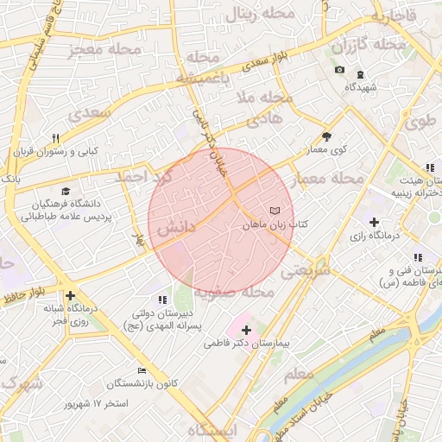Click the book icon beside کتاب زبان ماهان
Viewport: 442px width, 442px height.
(275, 211)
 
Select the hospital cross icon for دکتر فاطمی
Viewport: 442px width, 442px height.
(247, 330)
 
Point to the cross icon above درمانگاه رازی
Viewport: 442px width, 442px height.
(373, 222)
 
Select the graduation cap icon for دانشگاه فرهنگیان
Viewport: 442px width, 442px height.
(66, 192)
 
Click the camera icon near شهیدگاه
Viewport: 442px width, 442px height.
(339, 70)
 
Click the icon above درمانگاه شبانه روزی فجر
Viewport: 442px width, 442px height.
(69, 296)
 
